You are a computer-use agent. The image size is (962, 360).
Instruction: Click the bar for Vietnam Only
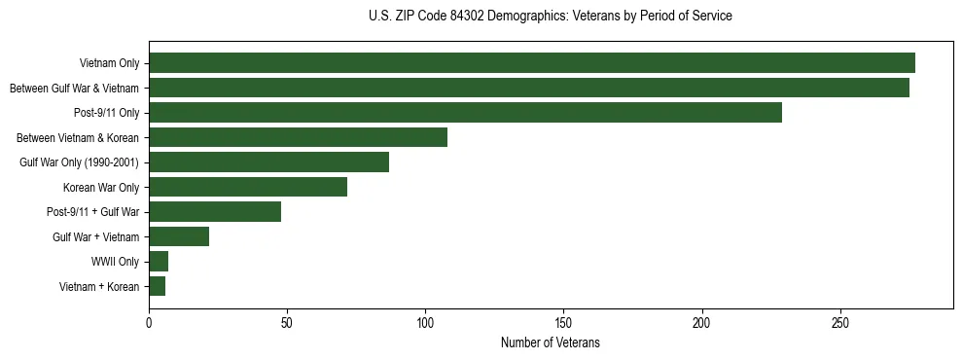[531, 63]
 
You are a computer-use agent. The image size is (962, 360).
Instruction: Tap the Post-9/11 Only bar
[465, 113]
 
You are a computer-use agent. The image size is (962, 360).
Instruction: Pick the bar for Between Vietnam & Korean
[298, 137]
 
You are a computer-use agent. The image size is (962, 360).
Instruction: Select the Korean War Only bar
[248, 187]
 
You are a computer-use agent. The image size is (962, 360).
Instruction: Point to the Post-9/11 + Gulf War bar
[215, 212]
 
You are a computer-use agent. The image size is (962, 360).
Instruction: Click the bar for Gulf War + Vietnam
[179, 236]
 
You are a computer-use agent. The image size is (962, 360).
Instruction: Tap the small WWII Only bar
[159, 262]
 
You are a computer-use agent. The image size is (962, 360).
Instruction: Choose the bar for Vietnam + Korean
[158, 286]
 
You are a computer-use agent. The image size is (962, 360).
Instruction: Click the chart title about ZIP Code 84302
[550, 17]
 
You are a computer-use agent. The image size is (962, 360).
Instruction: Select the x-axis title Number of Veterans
[550, 343]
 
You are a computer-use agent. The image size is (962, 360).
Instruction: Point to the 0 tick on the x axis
[149, 321]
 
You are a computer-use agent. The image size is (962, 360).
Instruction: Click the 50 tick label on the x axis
[287, 321]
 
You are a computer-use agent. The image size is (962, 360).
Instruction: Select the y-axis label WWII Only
[115, 262]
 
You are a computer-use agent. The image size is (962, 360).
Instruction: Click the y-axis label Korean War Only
[101, 187]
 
